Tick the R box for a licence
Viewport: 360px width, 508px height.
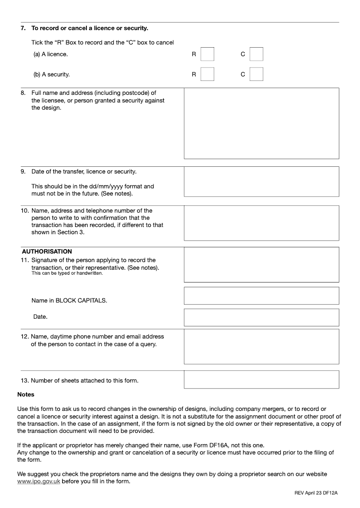(207, 54)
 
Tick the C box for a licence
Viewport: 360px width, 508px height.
(256, 54)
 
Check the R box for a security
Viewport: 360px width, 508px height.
(207, 74)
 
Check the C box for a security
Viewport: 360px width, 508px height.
(256, 74)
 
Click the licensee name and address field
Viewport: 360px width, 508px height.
(261, 123)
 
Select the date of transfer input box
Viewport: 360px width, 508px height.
(261, 181)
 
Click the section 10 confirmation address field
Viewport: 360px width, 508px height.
(261, 223)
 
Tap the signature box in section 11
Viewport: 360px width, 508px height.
(261, 264)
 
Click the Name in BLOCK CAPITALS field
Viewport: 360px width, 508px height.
(261, 296)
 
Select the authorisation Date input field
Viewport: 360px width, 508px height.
(261, 317)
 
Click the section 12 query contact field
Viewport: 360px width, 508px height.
(261, 346)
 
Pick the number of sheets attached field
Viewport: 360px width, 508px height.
(261, 379)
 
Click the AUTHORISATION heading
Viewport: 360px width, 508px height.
(47, 252)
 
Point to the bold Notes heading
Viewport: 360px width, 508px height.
(26, 395)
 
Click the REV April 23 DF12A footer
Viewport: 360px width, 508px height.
(316, 493)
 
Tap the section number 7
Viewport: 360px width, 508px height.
(22, 28)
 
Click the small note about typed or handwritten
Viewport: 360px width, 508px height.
(67, 273)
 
